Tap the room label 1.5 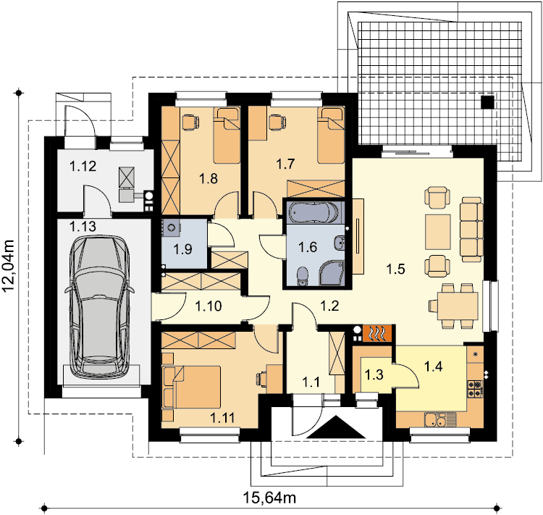coord(395,269)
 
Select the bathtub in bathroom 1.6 coord(313,212)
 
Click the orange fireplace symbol coord(377,333)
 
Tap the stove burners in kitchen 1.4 coord(475,388)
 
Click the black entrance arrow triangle coord(335,427)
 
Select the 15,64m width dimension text coord(270,498)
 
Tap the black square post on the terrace coord(487,102)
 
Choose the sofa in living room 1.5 coord(471,230)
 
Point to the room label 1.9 coord(182,249)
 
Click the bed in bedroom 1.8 coord(227,135)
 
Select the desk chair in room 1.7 coord(277,122)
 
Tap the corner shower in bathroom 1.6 coord(332,273)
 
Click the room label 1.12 coord(83,166)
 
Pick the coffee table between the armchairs coord(438,232)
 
